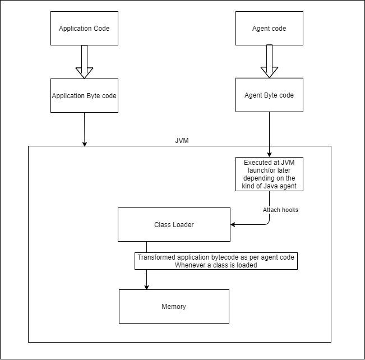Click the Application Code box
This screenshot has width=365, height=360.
[84, 28]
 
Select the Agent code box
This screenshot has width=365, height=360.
[269, 28]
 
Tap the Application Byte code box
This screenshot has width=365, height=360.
[84, 95]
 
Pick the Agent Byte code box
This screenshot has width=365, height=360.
[269, 95]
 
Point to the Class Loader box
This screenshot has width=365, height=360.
[174, 224]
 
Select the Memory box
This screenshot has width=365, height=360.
[174, 306]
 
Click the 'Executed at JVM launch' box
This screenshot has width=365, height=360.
[269, 174]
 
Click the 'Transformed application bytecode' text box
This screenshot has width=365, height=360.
[216, 261]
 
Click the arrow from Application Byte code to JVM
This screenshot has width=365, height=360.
[84, 129]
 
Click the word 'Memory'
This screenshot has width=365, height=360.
[174, 307]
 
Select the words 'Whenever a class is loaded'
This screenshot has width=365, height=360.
[216, 265]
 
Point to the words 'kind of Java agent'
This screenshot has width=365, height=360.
[269, 186]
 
